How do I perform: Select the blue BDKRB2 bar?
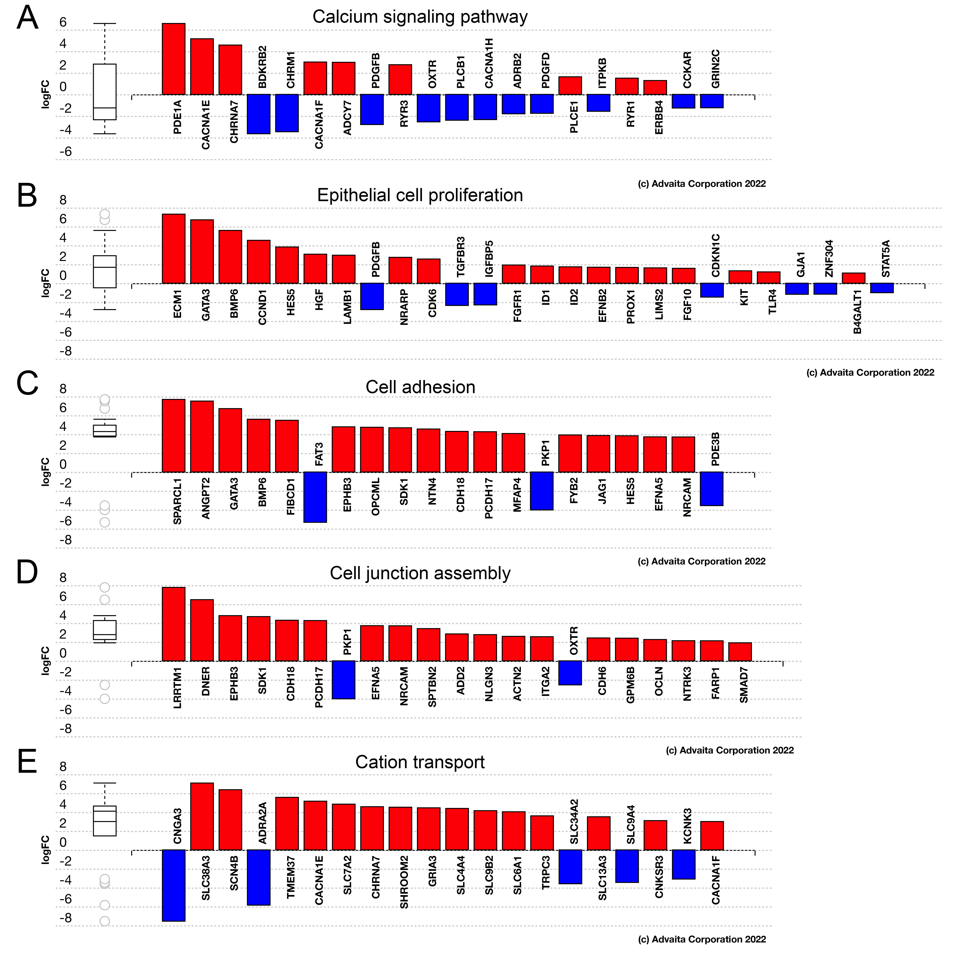(x=259, y=114)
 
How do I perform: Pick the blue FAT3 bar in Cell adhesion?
(x=315, y=497)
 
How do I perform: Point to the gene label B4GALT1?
(x=858, y=312)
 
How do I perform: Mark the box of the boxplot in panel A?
(x=105, y=92)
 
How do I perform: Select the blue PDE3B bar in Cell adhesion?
(x=712, y=489)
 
